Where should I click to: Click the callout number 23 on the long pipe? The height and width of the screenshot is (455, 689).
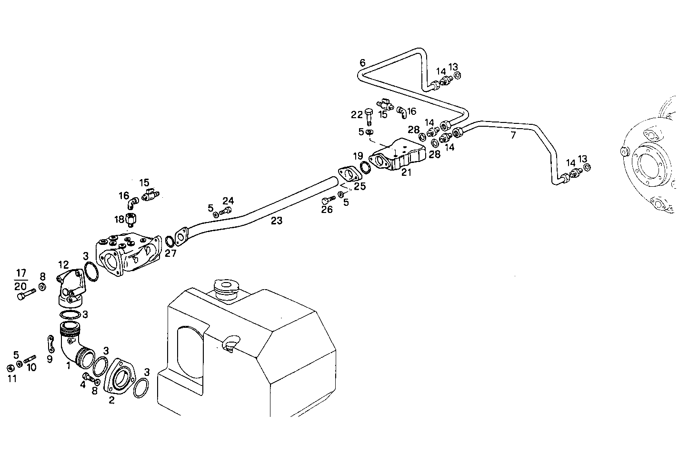click(x=277, y=221)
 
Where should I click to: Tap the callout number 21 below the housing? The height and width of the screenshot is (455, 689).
click(x=406, y=172)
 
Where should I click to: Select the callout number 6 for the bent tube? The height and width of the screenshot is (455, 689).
click(x=362, y=62)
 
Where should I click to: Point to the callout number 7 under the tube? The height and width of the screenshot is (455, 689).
click(x=513, y=135)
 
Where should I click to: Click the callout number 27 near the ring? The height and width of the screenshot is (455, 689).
click(x=170, y=253)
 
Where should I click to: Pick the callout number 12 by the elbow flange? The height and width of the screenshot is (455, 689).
click(x=63, y=265)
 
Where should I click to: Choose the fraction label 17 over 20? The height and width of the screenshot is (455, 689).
click(x=20, y=280)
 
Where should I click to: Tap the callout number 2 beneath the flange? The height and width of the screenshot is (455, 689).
click(x=111, y=400)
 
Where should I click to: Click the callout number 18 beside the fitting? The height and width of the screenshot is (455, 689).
click(x=119, y=219)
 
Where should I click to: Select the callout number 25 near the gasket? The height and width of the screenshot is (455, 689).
click(x=359, y=186)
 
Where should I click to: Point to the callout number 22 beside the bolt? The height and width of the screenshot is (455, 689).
click(x=357, y=114)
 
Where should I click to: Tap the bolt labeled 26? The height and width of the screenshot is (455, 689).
click(x=328, y=199)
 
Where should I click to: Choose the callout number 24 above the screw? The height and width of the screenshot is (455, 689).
click(x=228, y=200)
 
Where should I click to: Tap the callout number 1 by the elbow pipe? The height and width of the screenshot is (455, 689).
click(x=69, y=365)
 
